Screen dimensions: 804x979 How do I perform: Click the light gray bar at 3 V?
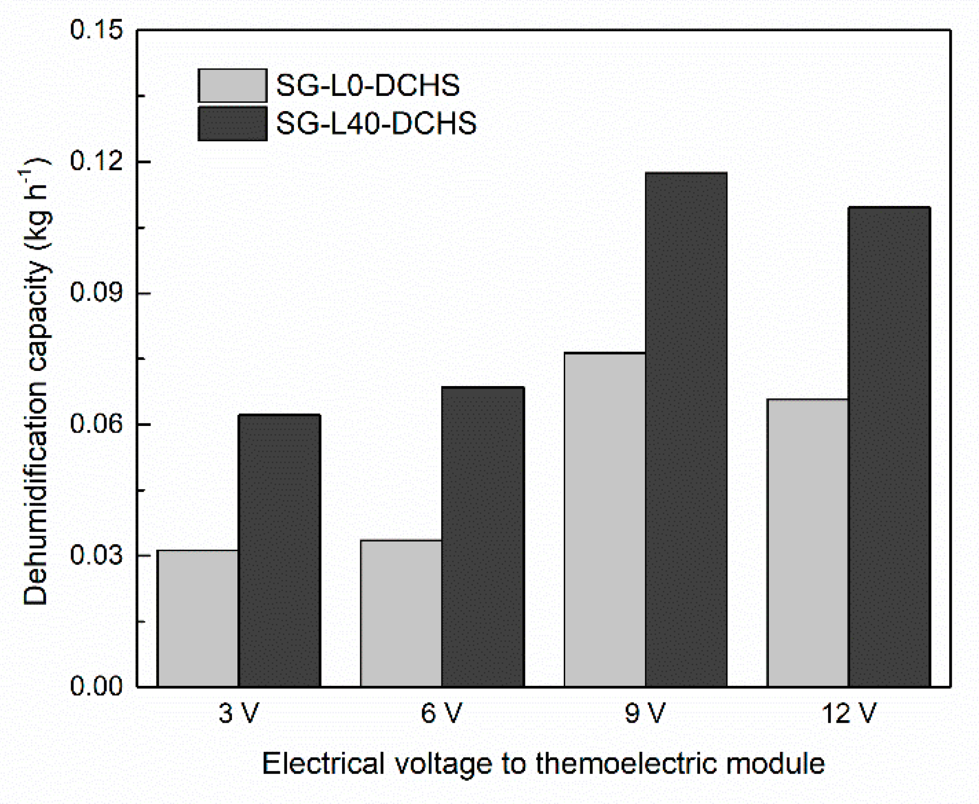198,618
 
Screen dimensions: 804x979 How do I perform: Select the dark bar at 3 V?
279,550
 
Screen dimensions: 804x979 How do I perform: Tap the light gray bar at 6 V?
401,613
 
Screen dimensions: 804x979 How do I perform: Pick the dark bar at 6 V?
483,537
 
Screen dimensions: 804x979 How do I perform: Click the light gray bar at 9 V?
605,520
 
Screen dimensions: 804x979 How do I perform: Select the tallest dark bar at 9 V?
686,429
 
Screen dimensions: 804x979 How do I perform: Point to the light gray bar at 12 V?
808,543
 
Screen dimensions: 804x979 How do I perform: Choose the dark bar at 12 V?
889,447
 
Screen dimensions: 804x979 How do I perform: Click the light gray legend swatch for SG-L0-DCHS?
232,86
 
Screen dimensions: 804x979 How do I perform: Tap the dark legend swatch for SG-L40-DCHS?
232,124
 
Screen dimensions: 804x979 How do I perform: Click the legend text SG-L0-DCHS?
368,85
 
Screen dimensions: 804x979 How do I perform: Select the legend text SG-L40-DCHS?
376,123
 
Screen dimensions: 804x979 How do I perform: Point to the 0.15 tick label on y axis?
89,30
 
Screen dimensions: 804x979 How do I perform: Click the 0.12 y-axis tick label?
89,162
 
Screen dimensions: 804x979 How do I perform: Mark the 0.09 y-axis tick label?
89,293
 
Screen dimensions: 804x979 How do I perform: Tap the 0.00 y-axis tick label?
89,686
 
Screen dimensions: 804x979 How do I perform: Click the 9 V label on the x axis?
645,714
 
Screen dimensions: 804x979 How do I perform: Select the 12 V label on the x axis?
849,714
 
